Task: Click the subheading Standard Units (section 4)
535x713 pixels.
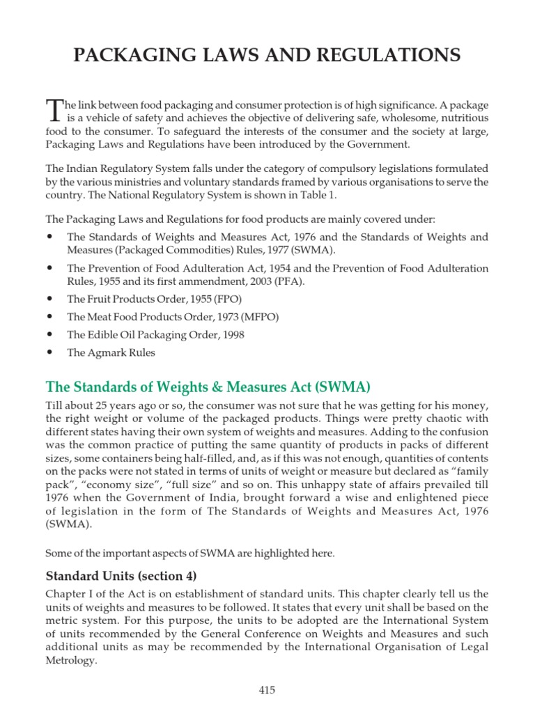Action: click(121, 576)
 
